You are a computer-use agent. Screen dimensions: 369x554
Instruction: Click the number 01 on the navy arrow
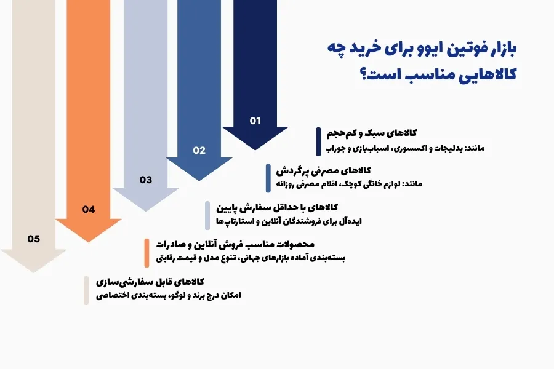[x=255, y=121]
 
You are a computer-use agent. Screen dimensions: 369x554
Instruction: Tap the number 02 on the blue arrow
[x=199, y=150]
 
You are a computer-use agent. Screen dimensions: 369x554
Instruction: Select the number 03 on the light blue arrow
[x=145, y=180]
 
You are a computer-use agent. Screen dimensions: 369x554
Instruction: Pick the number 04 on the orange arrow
[x=89, y=210]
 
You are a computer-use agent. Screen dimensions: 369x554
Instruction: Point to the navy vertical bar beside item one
[x=319, y=141]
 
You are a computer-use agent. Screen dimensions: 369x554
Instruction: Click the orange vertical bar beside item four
[x=147, y=253]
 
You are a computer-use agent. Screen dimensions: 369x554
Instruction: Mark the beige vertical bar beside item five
[x=86, y=290]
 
